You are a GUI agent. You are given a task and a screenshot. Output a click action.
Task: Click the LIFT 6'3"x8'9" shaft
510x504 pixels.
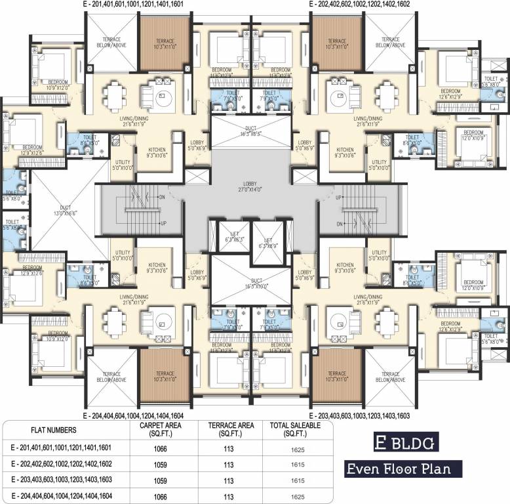pyautogui.click(x=267, y=243)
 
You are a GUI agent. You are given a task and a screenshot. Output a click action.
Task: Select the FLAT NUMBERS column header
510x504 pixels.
pyautogui.click(x=54, y=430)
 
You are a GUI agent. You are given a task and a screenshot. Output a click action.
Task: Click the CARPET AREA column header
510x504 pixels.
pyautogui.click(x=156, y=430)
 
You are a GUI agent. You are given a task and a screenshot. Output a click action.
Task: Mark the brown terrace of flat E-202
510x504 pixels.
pyautogui.click(x=337, y=44)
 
